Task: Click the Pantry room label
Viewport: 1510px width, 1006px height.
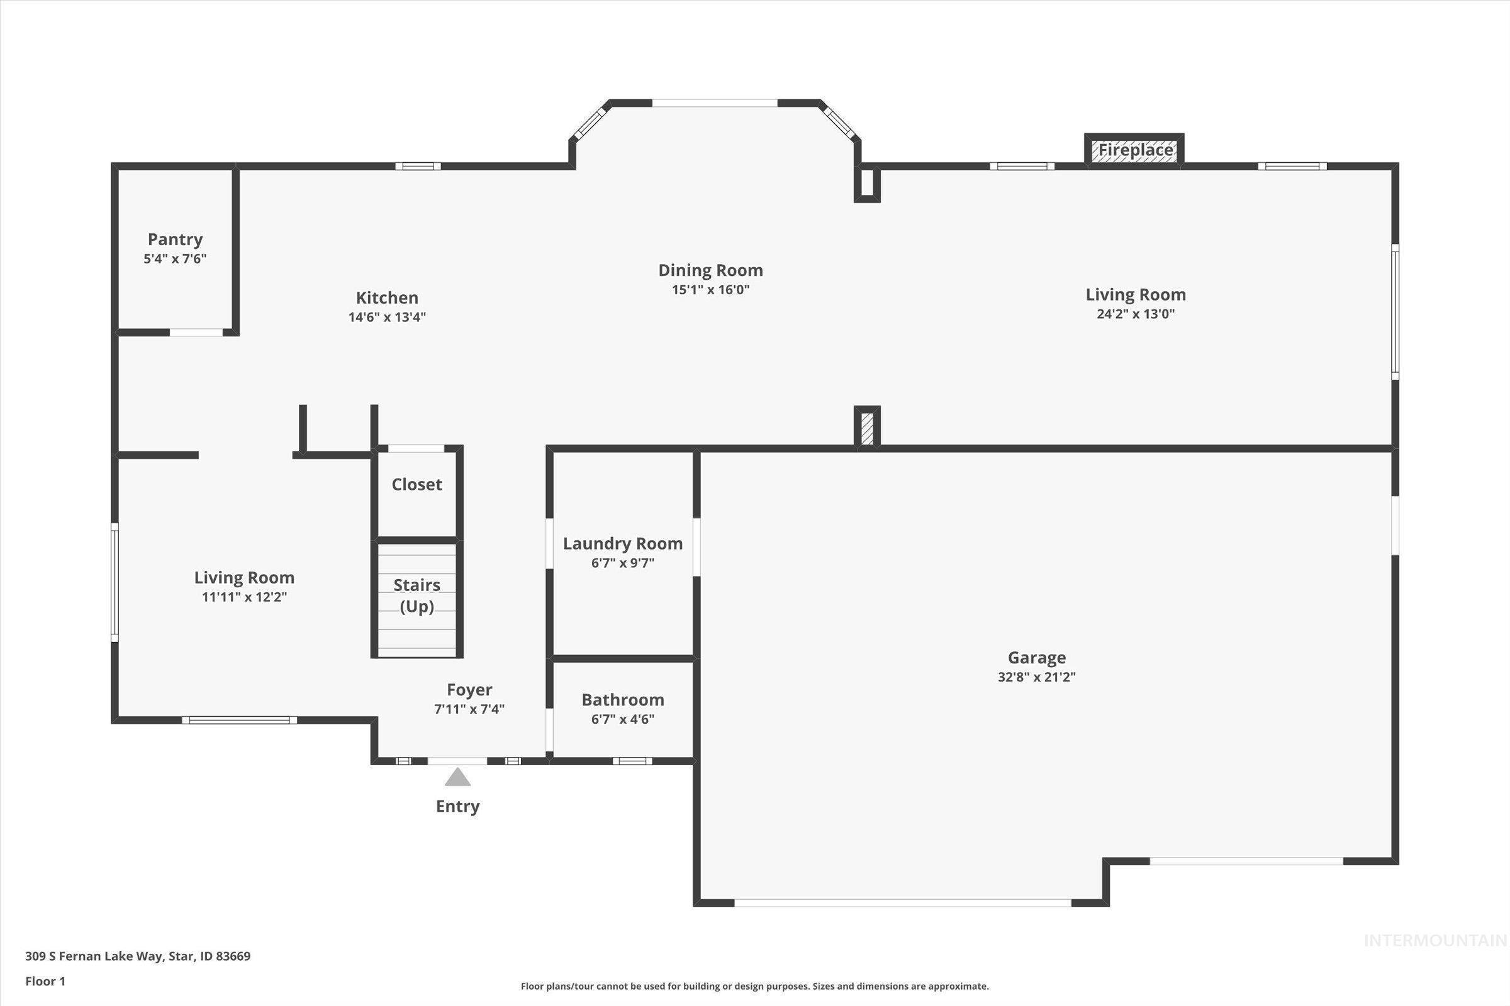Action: [176, 240]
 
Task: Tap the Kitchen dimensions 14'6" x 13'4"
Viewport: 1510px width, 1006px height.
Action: [387, 317]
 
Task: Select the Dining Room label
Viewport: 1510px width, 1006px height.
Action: [710, 270]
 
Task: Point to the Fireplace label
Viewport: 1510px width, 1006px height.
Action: [1135, 150]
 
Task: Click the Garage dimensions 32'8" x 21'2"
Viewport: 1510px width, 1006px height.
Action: [1036, 677]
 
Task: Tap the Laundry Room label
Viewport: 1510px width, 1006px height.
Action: [622, 543]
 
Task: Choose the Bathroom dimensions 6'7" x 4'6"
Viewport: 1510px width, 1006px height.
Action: [622, 719]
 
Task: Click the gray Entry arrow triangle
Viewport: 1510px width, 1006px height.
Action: [458, 778]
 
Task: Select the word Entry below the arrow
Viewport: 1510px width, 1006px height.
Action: [458, 807]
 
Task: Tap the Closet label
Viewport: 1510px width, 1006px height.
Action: [417, 484]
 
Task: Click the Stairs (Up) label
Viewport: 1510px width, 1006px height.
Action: [417, 595]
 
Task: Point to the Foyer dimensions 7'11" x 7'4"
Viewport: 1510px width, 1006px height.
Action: [469, 709]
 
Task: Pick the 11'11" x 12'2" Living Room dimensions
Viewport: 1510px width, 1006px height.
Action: [244, 597]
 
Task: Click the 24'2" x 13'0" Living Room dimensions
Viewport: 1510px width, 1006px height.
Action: [1135, 314]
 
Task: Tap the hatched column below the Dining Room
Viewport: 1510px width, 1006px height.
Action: [867, 428]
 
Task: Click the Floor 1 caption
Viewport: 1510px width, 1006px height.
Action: [45, 981]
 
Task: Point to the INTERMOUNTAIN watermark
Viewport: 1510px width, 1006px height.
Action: [1435, 941]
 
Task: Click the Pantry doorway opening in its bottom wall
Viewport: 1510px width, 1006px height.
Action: [196, 333]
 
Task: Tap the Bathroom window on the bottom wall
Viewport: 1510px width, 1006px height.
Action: [632, 761]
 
